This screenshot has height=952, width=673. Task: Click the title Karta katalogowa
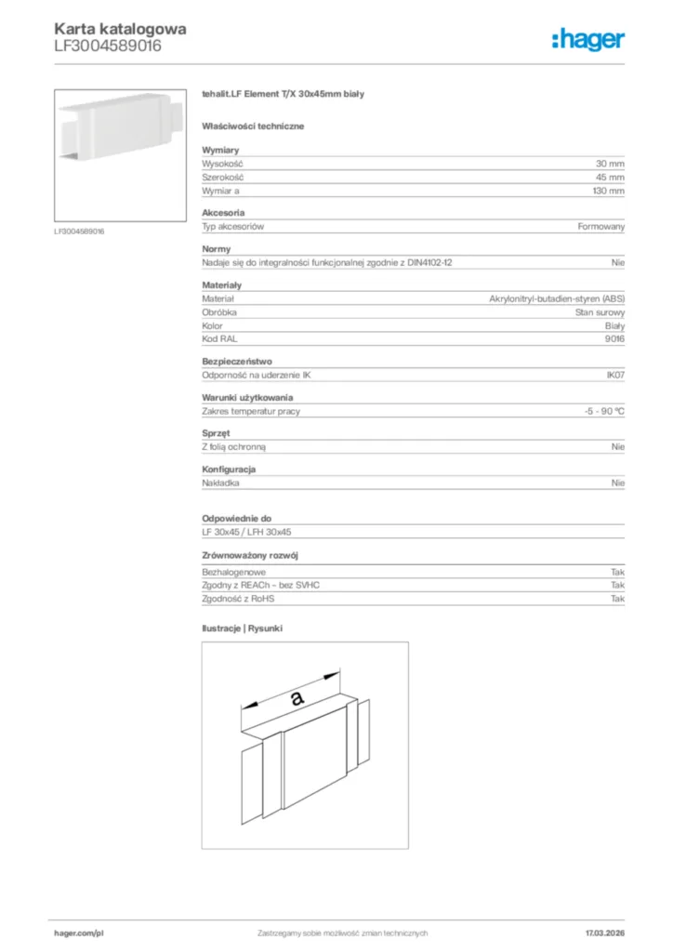point(120,29)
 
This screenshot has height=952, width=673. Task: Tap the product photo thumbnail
point(121,154)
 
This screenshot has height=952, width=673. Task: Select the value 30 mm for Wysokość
point(610,163)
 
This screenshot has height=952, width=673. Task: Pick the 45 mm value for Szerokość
point(610,177)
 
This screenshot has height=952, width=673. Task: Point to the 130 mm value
point(608,191)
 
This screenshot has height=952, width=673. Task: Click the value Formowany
point(601,227)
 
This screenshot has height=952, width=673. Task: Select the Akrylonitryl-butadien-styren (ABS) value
point(557,298)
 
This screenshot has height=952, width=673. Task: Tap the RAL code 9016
point(614,339)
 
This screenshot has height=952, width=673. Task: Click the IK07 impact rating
point(614,376)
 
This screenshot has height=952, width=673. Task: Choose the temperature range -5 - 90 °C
point(598,411)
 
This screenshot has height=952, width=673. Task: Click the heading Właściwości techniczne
point(253,126)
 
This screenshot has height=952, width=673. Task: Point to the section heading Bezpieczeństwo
point(237,361)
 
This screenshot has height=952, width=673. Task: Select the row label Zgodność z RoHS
point(239,600)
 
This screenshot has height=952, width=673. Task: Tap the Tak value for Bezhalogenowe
point(617,572)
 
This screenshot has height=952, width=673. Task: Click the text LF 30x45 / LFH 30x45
point(247,532)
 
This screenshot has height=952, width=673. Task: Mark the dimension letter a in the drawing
point(296,696)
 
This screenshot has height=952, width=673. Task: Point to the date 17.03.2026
point(605,932)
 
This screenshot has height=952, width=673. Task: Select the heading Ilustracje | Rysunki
point(242,628)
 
